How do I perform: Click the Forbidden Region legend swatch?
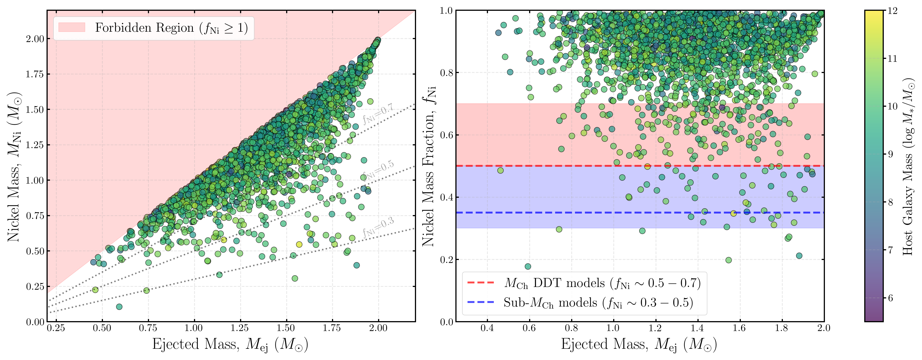click(x=71, y=28)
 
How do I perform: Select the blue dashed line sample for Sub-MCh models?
click(x=481, y=302)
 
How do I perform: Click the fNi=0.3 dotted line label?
click(x=378, y=227)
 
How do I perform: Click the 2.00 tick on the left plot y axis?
click(x=35, y=39)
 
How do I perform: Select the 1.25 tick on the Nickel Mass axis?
click(x=35, y=145)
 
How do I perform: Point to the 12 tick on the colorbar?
click(x=893, y=11)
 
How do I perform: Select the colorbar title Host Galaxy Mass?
click(x=908, y=166)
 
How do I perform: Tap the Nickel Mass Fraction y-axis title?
click(x=429, y=166)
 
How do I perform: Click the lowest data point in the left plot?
click(x=119, y=307)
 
